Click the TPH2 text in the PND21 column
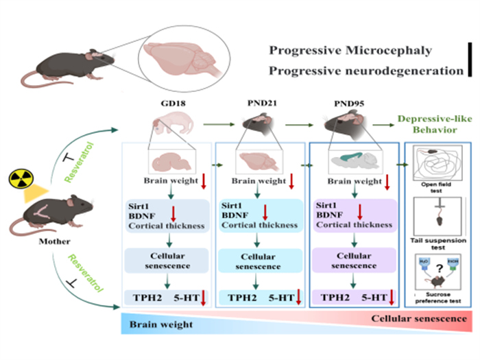pos(235,298)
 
